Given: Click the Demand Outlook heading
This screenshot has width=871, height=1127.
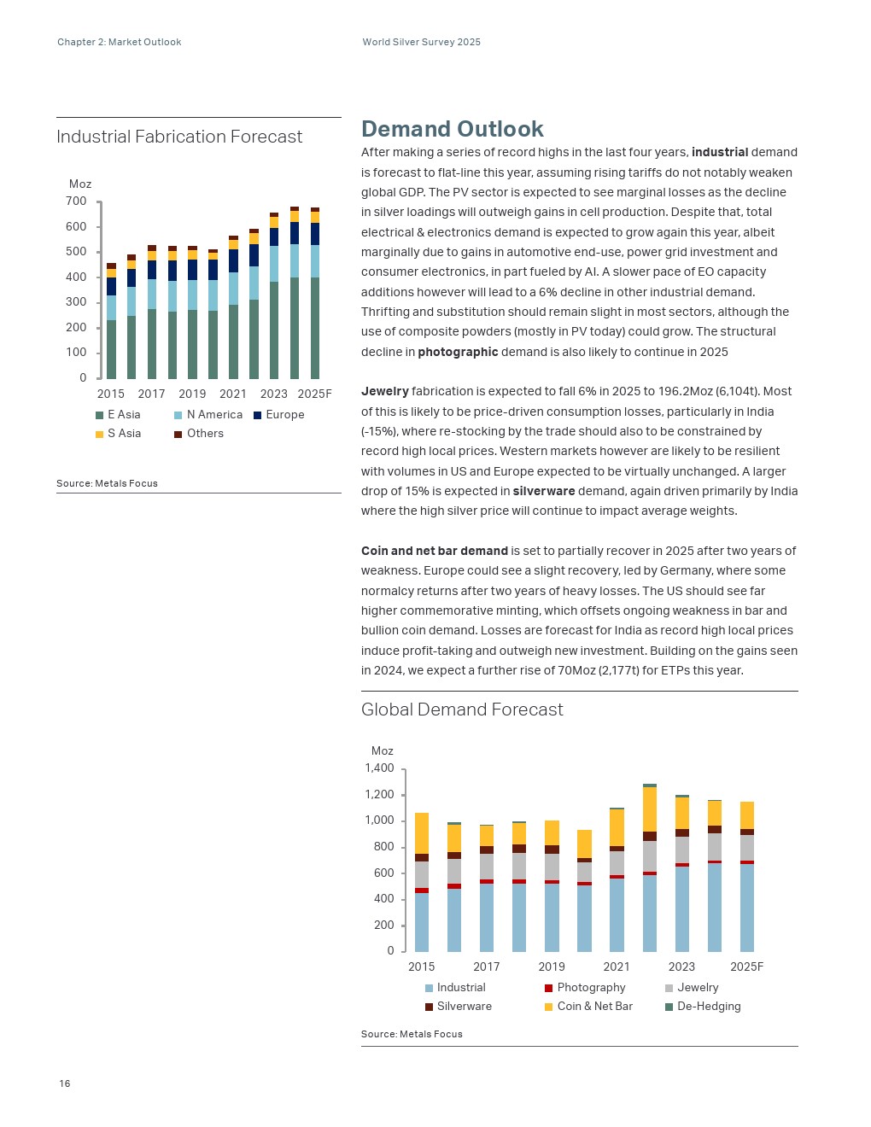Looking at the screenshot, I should [x=452, y=129].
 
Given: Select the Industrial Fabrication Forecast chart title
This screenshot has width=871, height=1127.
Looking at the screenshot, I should [x=179, y=137].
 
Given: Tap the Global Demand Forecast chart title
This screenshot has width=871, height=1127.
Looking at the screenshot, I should [x=462, y=709].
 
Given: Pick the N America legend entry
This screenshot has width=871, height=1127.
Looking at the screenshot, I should [x=208, y=415].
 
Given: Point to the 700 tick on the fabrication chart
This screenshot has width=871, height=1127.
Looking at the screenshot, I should [x=76, y=201].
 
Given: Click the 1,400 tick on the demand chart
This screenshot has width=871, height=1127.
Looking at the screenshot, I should [x=379, y=768].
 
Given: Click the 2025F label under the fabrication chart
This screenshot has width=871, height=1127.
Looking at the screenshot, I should [x=314, y=394].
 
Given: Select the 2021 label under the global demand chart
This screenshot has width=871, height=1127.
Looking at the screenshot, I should [x=617, y=966].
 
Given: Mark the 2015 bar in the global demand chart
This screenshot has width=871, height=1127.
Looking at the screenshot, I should [x=422, y=882].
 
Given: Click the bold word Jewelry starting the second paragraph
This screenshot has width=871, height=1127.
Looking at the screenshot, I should [x=385, y=391].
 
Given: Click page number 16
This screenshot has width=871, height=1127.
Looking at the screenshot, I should [x=65, y=1083].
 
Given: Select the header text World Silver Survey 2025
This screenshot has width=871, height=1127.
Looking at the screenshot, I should [x=422, y=42].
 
